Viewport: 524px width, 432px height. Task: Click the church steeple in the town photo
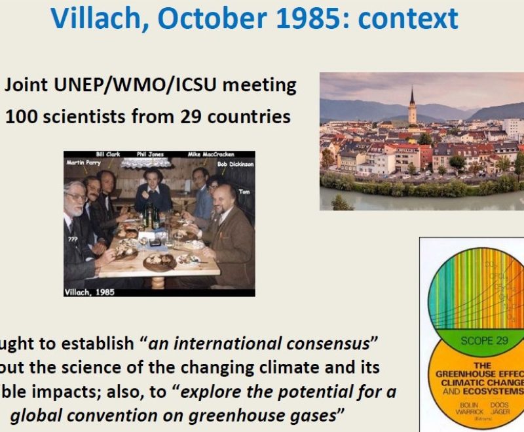click(412, 105)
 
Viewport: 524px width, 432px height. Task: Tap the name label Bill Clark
click(108, 155)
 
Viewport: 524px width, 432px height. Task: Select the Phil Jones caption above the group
click(150, 155)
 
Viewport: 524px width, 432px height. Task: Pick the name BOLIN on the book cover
click(470, 405)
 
